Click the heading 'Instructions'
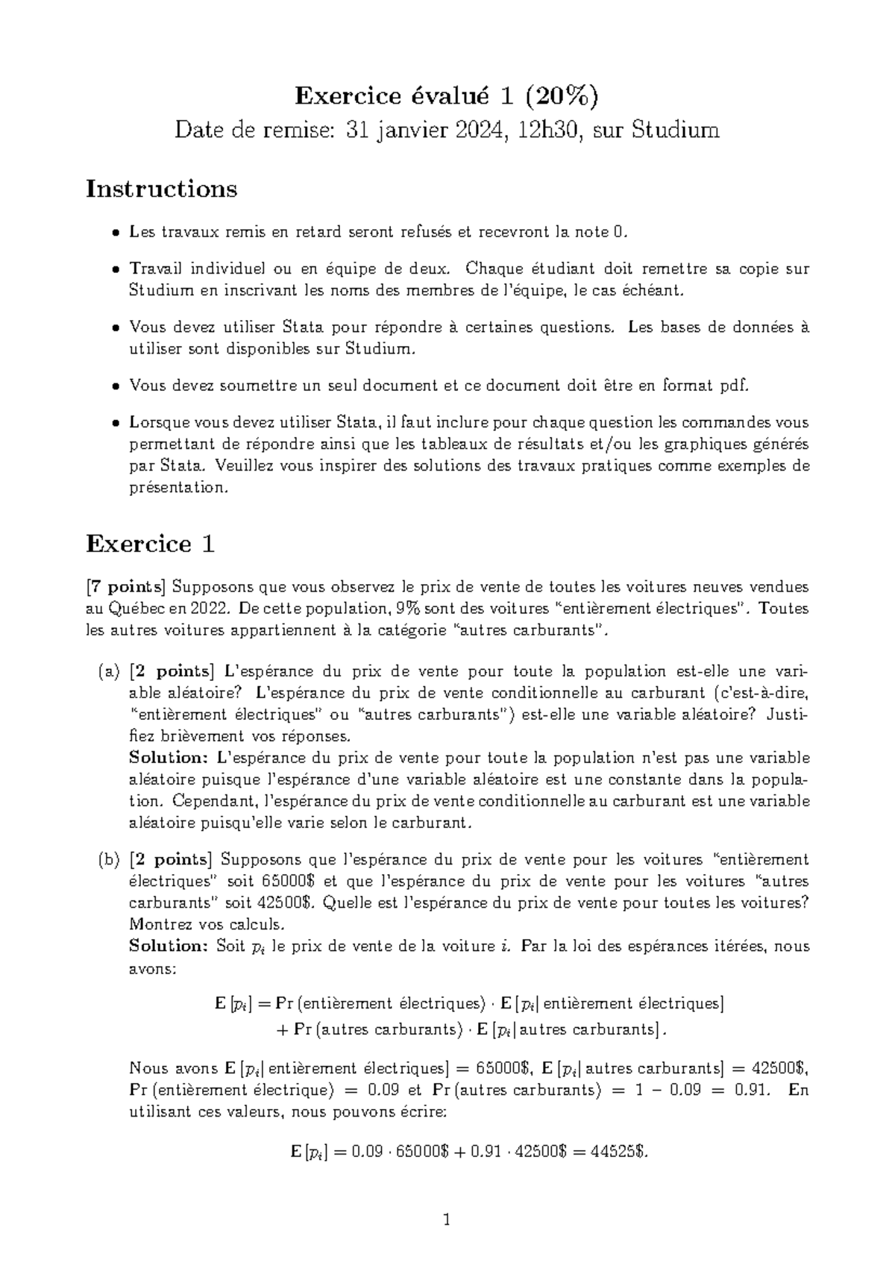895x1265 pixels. [x=161, y=189]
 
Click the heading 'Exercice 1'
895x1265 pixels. [x=151, y=544]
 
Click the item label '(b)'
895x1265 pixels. [x=109, y=860]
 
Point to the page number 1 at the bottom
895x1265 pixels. [x=447, y=1220]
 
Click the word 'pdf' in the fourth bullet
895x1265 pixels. [x=732, y=386]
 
